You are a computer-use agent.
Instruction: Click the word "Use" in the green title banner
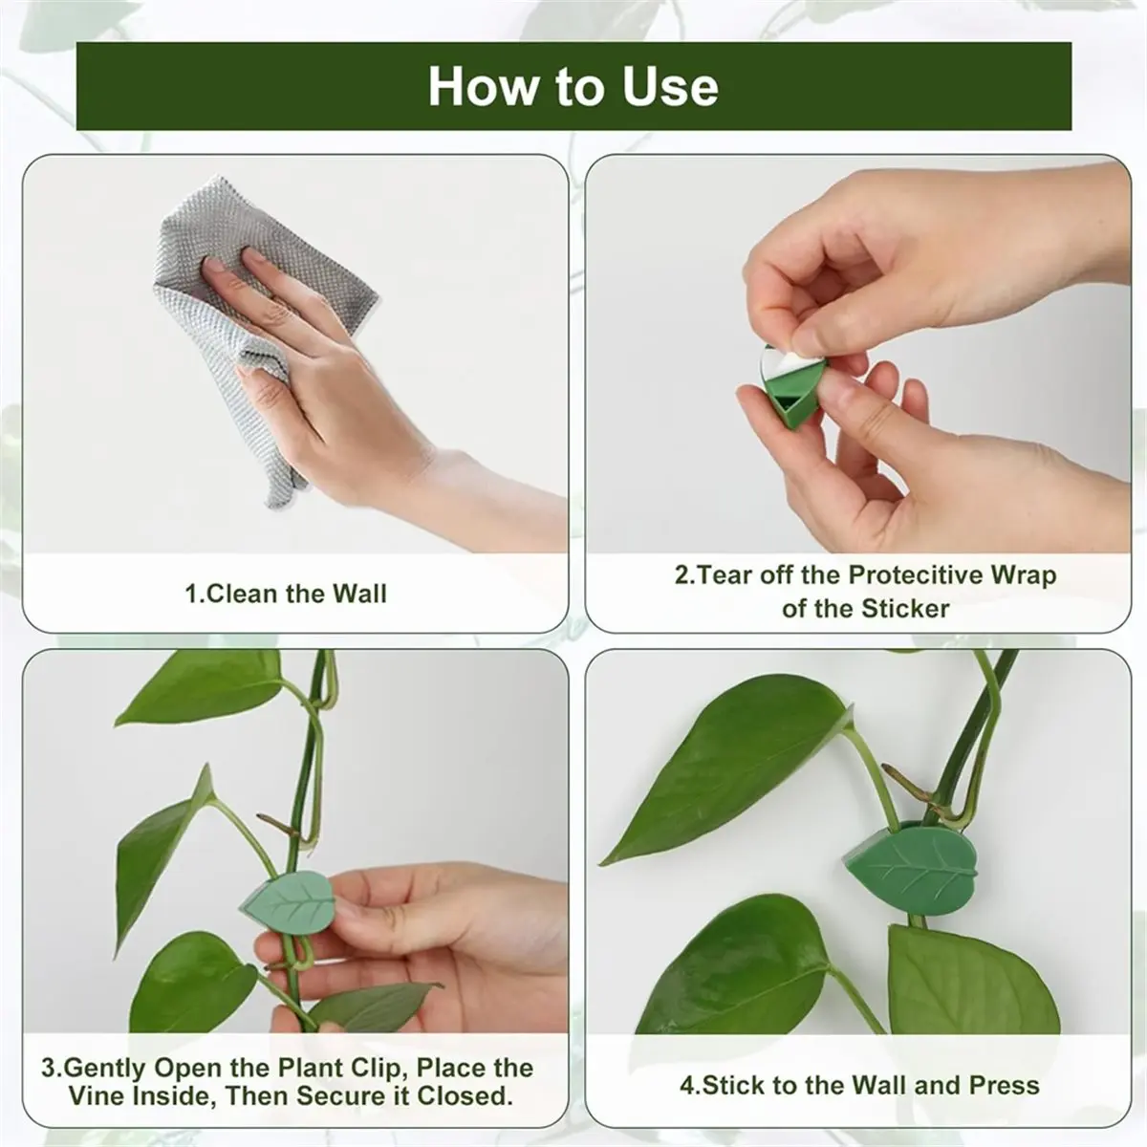pos(670,87)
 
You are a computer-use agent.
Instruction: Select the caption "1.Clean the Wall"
pos(286,594)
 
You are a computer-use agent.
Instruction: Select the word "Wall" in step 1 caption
pos(359,594)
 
